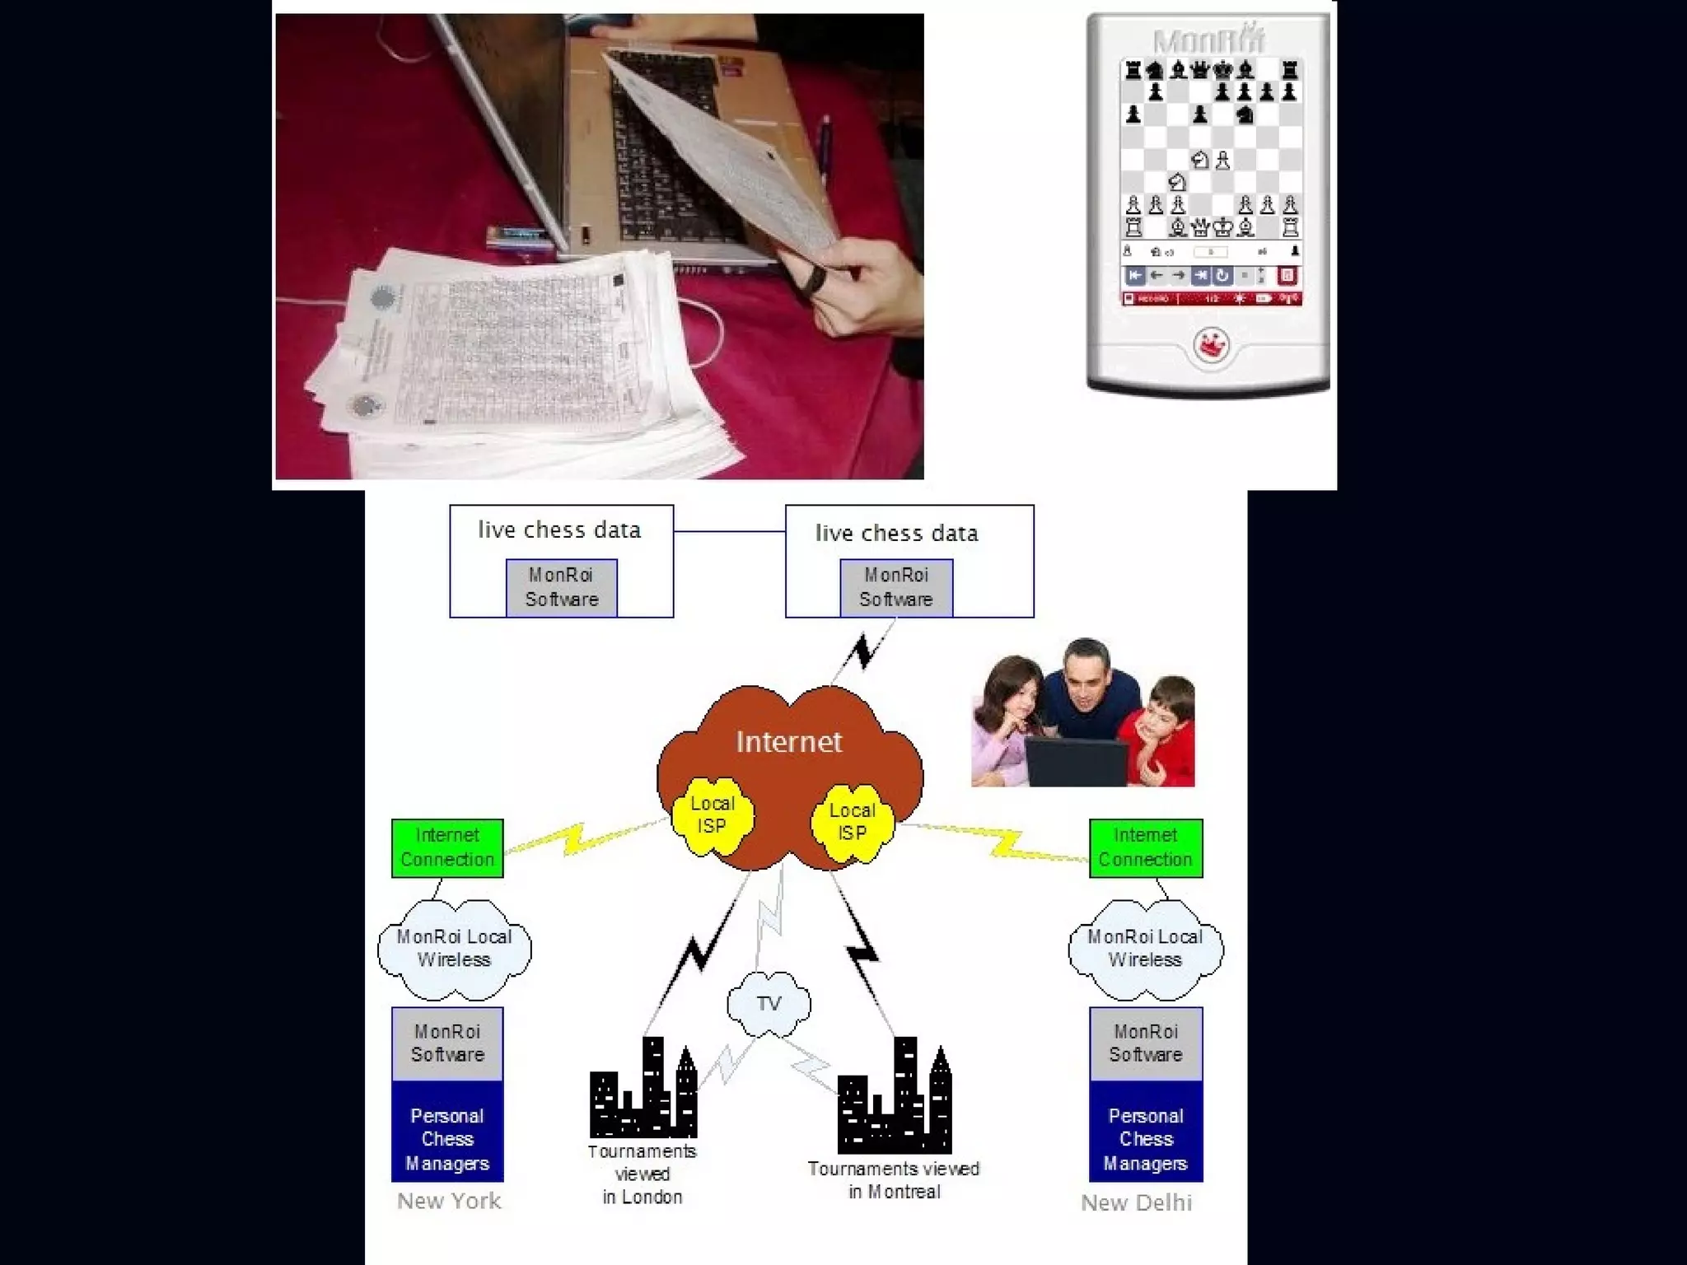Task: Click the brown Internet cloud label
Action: [x=788, y=742]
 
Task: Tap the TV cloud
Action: [x=769, y=1003]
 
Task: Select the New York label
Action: [x=449, y=1201]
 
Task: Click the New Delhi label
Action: [x=1136, y=1202]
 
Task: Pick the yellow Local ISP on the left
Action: [x=712, y=815]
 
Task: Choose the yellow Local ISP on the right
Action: [x=852, y=821]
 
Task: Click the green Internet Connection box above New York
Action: [x=447, y=847]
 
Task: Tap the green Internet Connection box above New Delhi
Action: [x=1145, y=847]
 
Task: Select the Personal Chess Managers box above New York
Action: [x=447, y=1139]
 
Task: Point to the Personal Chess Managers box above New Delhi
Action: [x=1145, y=1139]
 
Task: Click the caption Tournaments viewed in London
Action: [x=643, y=1174]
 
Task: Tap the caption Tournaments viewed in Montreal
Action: [x=894, y=1179]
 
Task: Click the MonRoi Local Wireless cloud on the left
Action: [x=454, y=948]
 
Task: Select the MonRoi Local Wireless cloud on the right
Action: [x=1145, y=948]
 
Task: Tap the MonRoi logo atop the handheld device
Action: [x=1208, y=40]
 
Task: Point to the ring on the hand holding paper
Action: [x=815, y=280]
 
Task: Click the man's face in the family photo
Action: [x=1085, y=676]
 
